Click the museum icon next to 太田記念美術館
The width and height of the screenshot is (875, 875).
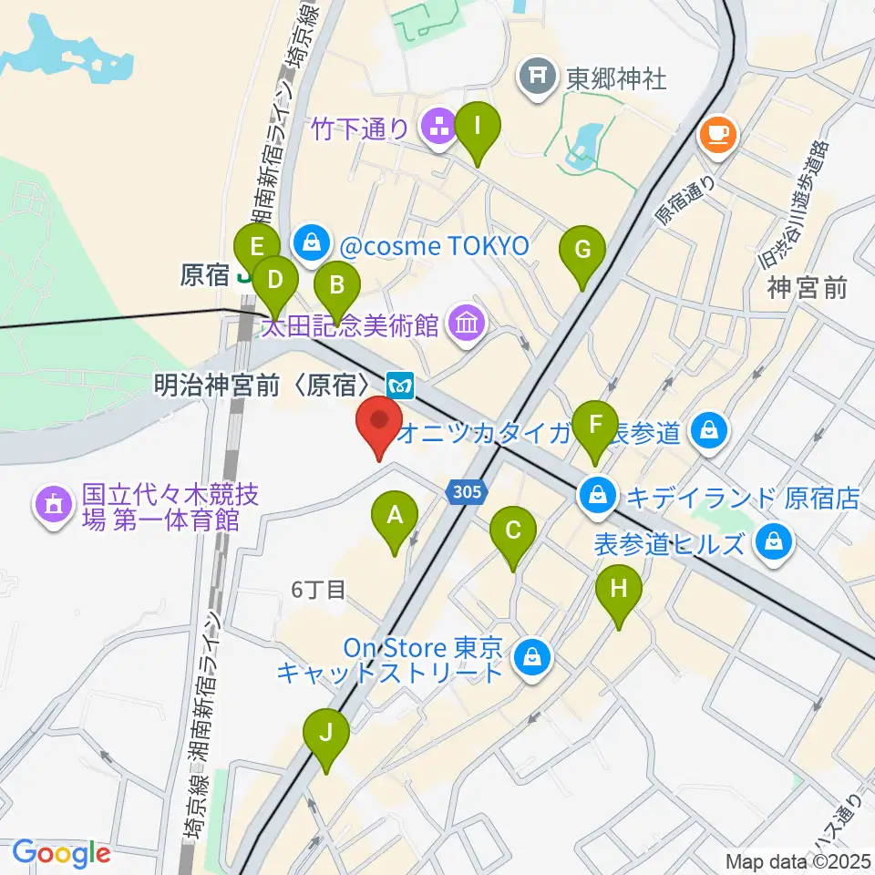[x=466, y=323]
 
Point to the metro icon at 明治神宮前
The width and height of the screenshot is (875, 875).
[x=400, y=384]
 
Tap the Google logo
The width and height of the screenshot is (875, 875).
[x=61, y=853]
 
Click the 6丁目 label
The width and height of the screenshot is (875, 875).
[x=318, y=590]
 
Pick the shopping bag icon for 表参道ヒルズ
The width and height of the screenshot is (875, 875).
[x=773, y=544]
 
